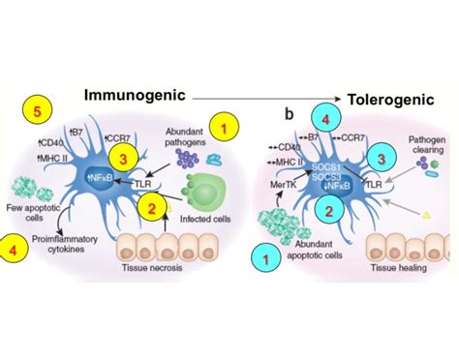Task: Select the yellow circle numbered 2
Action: pos(151,204)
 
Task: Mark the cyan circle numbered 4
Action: pos(328,120)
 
